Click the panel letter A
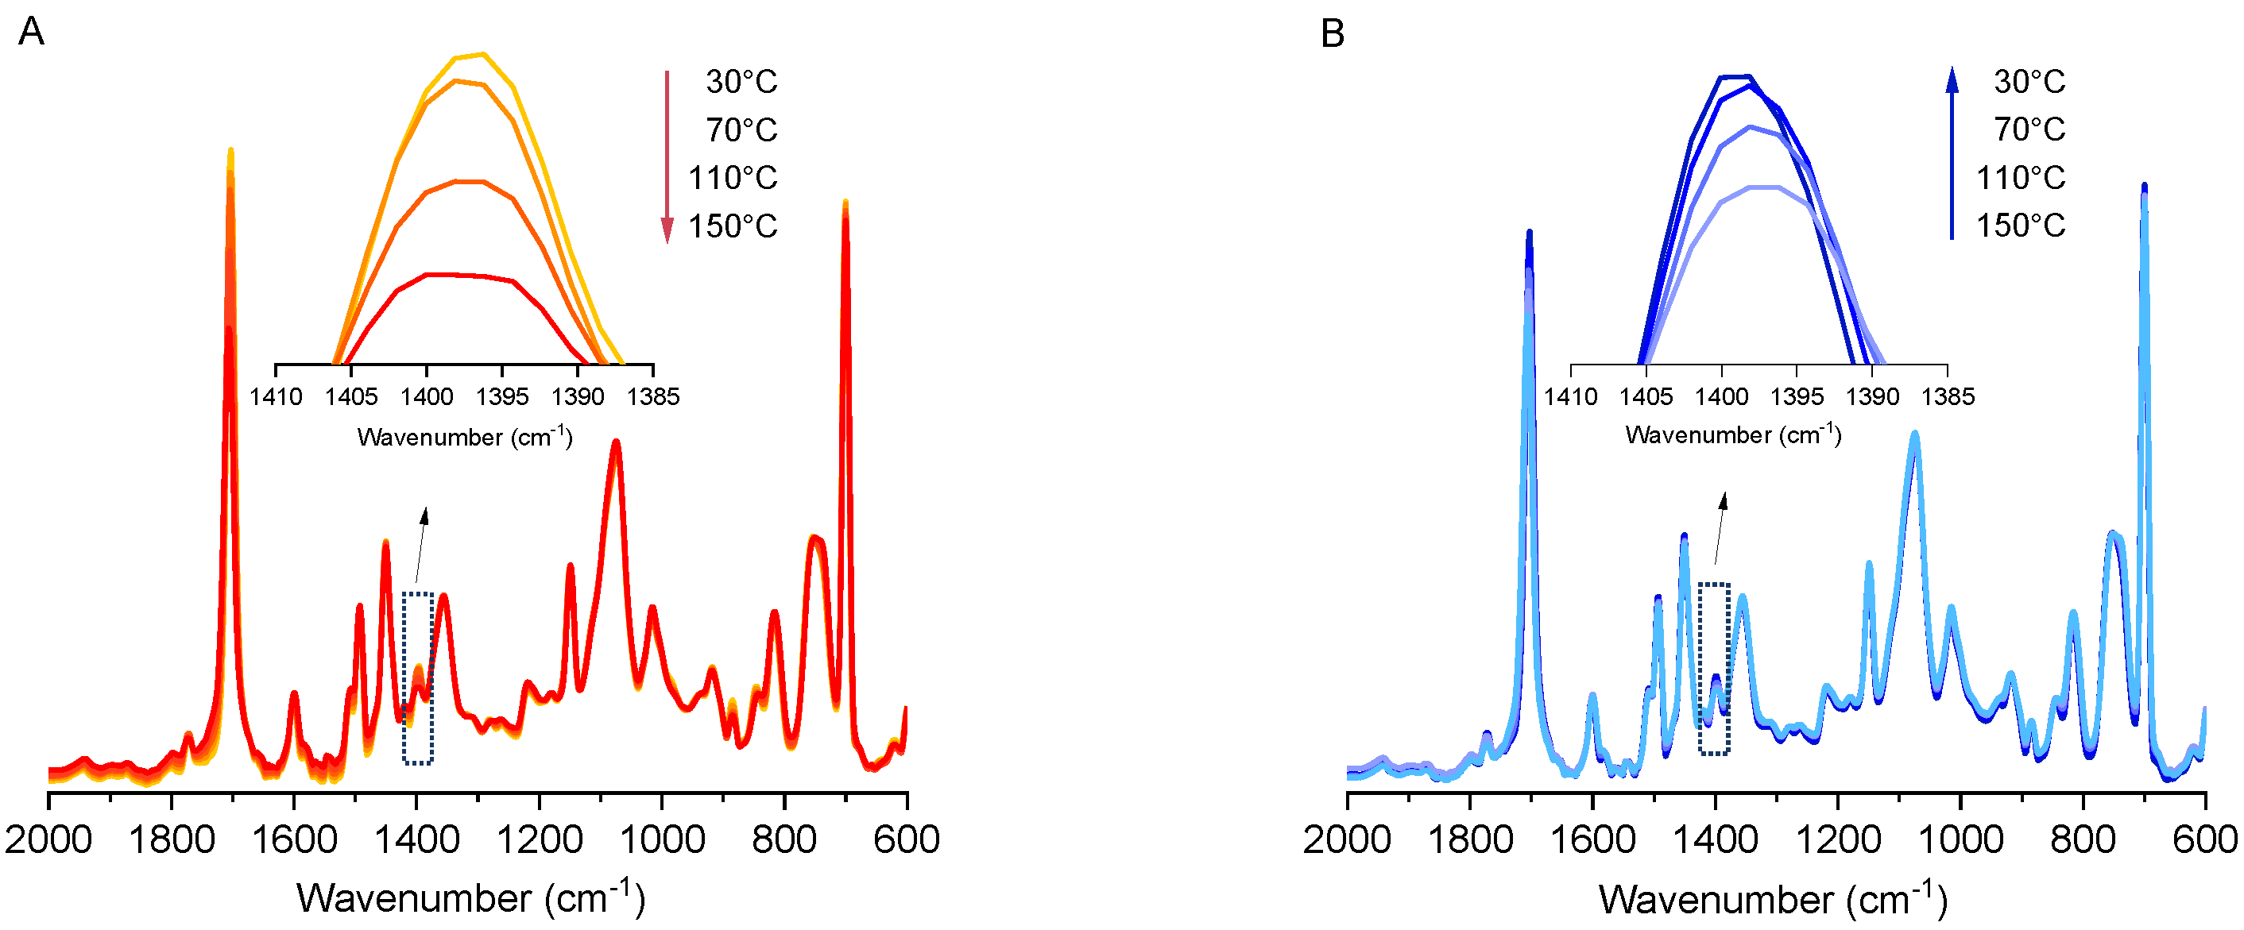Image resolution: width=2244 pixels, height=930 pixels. pos(31,33)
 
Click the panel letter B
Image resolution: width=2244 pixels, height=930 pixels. pos(1332,34)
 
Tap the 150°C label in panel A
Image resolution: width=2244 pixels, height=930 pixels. pos(732,226)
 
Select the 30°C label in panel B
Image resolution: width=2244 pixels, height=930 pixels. pos(2029,82)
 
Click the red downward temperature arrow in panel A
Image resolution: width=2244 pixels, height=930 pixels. pos(667,156)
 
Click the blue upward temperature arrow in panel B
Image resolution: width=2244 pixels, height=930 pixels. pos(1952,152)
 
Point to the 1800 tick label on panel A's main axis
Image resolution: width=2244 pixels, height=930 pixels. pos(172,840)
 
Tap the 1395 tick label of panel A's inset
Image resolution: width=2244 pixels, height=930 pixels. pos(503,397)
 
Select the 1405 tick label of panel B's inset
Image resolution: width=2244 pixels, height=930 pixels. pos(1646,397)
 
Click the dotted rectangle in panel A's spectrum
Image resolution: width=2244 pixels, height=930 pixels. pos(418,678)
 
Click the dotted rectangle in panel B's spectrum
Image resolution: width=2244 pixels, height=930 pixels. pos(1714,669)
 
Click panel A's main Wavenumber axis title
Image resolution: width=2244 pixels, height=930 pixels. pos(470,897)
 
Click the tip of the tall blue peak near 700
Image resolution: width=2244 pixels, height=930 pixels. pos(2144,186)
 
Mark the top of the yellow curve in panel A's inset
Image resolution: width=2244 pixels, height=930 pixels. pos(482,54)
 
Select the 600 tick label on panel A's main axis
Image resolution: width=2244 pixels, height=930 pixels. pos(907,840)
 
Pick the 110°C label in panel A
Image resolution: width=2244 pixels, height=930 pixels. pos(732,178)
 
